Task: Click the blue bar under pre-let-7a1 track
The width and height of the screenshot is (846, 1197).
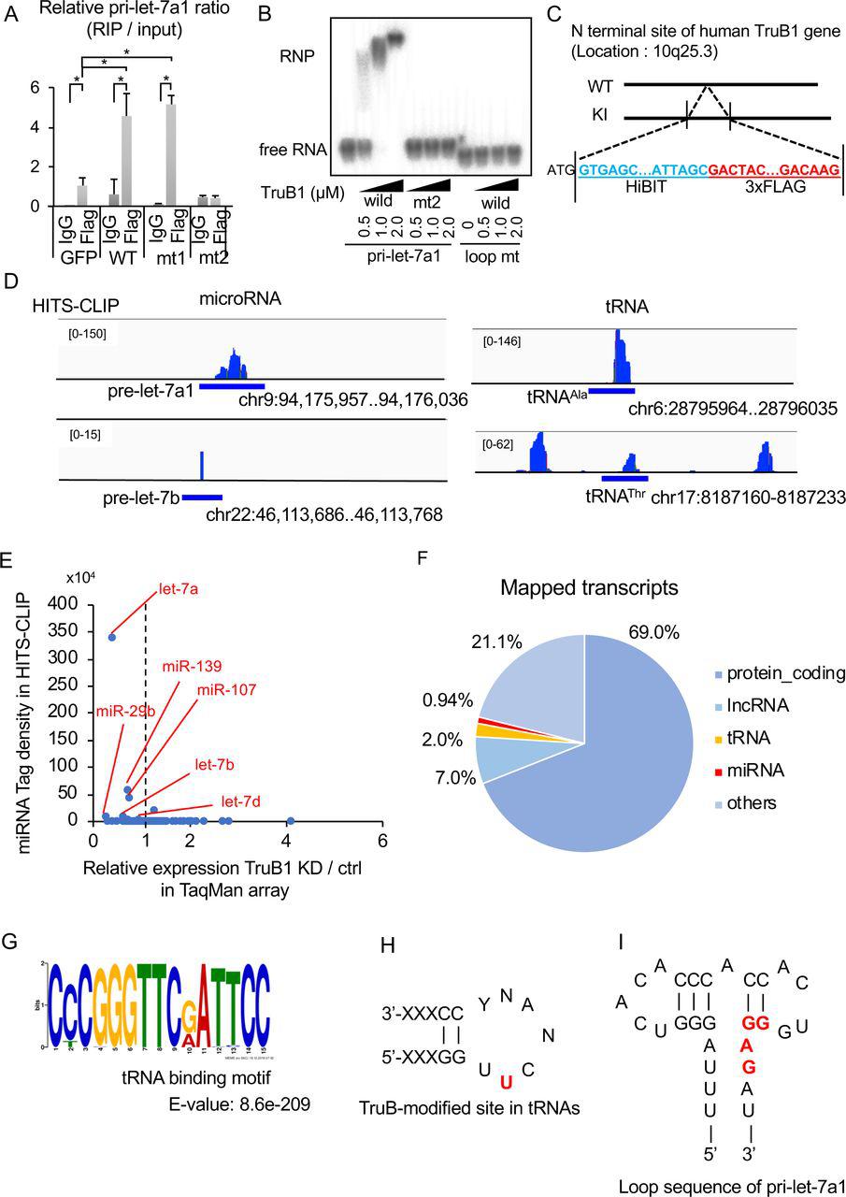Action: coord(232,385)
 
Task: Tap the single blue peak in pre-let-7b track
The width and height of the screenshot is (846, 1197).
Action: coord(202,465)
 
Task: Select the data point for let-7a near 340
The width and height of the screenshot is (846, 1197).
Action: coord(111,637)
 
